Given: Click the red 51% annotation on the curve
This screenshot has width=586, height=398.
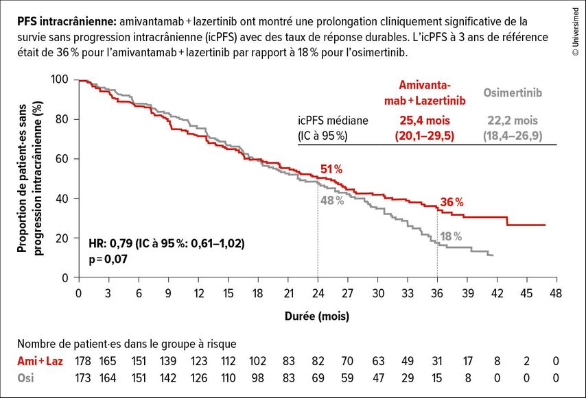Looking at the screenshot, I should [331, 169].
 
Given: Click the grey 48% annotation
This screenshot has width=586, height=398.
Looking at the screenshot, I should [331, 201].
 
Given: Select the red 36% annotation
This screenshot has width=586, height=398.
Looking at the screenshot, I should [452, 202].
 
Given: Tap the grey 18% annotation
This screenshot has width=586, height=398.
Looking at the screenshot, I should [451, 236].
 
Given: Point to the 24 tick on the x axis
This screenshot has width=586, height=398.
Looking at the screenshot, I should [318, 293].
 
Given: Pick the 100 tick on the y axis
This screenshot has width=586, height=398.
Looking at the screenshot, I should [60, 79].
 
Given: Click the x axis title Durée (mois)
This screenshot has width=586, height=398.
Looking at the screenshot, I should [317, 316].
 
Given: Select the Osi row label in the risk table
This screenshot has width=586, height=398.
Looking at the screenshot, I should [26, 376].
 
